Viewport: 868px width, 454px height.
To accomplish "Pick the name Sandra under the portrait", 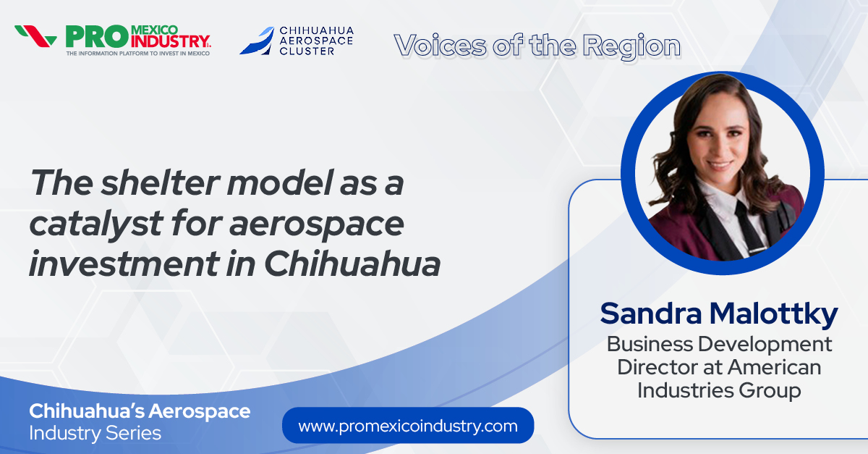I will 644,314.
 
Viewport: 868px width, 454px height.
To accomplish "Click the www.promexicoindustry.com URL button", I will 408,426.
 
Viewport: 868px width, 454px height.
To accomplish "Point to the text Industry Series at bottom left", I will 95,433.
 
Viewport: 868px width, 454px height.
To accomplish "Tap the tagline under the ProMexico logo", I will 137,53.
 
